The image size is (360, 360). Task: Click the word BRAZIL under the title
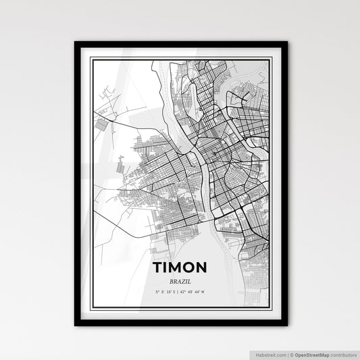(180, 280)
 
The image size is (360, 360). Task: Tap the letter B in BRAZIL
(172, 280)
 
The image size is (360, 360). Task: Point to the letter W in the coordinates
(203, 292)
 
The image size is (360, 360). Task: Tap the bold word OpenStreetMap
(313, 353)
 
